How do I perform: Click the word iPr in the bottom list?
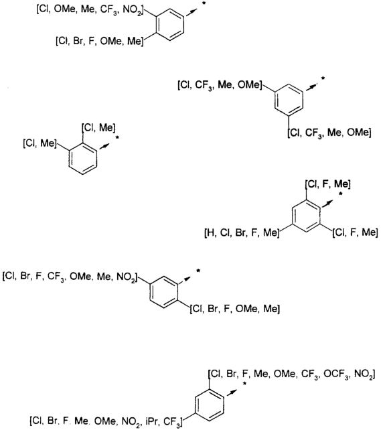(x=151, y=421)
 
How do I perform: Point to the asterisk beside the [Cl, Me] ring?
(x=117, y=138)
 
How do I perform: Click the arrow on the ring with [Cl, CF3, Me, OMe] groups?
(x=310, y=87)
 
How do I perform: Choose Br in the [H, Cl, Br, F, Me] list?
(x=240, y=233)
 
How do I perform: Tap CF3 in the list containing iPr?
(x=171, y=421)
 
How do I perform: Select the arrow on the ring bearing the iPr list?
(x=232, y=392)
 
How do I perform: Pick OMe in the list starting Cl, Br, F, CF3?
(x=80, y=276)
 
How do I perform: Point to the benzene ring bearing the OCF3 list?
(x=210, y=405)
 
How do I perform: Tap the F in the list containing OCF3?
(x=245, y=374)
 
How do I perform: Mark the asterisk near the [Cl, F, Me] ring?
(x=341, y=194)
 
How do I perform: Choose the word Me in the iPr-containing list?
(x=80, y=421)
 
